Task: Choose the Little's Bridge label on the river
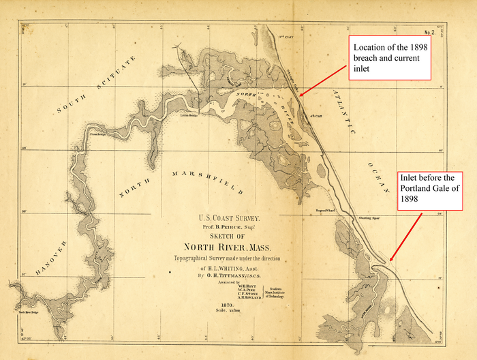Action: pos(189,115)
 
